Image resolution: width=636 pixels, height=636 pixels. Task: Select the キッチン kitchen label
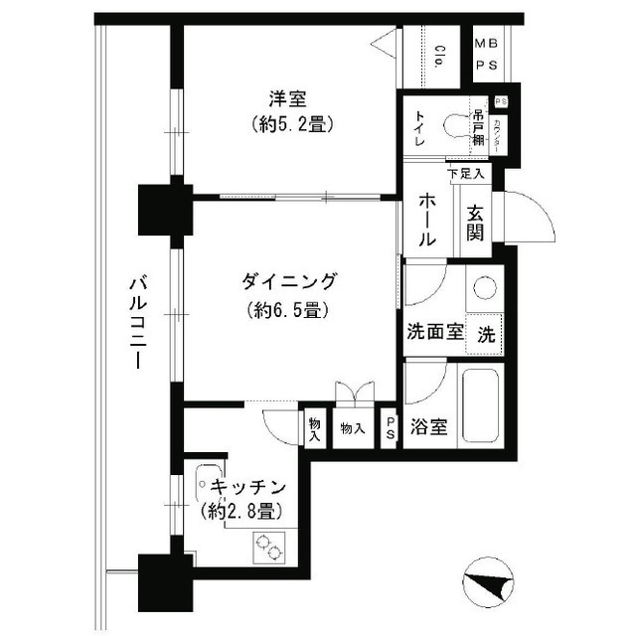248,488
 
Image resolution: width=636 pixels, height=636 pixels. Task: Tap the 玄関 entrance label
475,224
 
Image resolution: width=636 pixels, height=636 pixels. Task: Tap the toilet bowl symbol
458,126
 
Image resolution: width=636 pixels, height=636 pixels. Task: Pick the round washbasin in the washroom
486,288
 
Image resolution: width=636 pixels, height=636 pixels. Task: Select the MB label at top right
486,44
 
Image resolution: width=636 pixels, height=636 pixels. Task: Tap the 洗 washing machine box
486,335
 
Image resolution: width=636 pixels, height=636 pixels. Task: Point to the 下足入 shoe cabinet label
466,174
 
